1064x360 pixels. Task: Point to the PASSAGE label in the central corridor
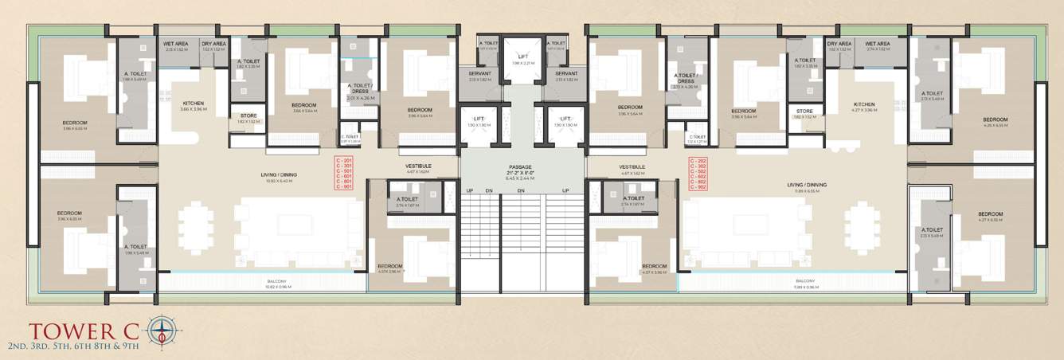point(520,167)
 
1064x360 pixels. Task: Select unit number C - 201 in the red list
point(343,162)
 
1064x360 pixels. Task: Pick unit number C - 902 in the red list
point(697,188)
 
